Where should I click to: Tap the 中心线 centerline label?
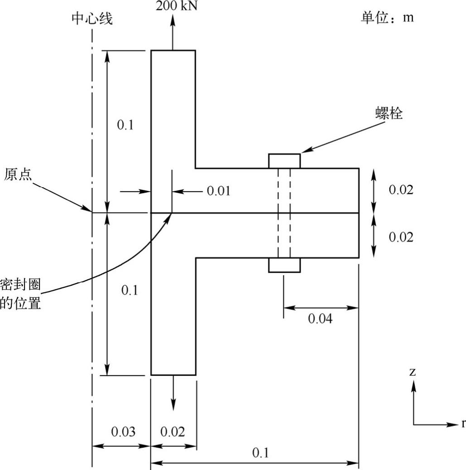(92, 19)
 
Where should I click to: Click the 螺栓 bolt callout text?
(389, 113)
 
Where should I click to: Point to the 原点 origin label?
(18, 174)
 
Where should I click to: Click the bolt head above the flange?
(284, 161)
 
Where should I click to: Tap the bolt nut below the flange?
(284, 265)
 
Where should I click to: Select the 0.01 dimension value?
(218, 191)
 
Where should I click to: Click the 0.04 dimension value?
(320, 319)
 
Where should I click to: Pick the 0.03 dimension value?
(123, 431)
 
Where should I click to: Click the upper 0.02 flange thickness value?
(401, 190)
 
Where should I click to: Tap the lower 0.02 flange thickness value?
(401, 237)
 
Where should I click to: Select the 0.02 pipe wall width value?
(173, 431)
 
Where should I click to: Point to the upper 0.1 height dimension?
(125, 125)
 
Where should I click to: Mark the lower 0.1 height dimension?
(129, 291)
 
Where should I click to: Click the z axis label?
(413, 373)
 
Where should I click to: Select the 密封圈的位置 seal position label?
(20, 294)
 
